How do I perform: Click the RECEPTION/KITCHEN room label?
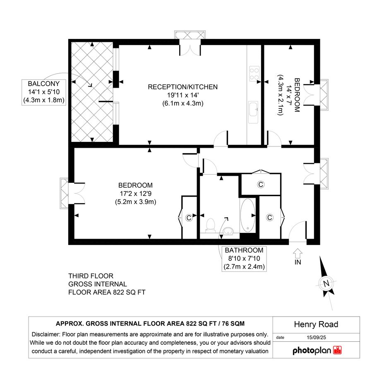pyautogui.click(x=182, y=87)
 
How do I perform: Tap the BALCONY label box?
pyautogui.click(x=44, y=92)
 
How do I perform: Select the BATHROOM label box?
pyautogui.click(x=244, y=259)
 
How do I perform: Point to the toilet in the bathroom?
pyautogui.click(x=211, y=225)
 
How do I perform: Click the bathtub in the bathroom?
pyautogui.click(x=247, y=216)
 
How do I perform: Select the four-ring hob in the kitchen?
pyautogui.click(x=254, y=74)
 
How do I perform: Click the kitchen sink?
pyautogui.click(x=253, y=109)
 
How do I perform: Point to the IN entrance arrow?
pyautogui.click(x=297, y=253)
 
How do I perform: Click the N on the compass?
pyautogui.click(x=326, y=283)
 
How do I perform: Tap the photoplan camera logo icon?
pyautogui.click(x=337, y=350)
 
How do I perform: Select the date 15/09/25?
pyautogui.click(x=316, y=337)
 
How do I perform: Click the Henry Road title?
pyautogui.click(x=316, y=324)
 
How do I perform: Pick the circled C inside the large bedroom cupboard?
pyautogui.click(x=189, y=218)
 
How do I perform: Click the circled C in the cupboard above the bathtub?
pyautogui.click(x=261, y=185)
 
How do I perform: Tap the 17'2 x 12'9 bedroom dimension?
pyautogui.click(x=136, y=194)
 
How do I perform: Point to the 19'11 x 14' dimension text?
pyautogui.click(x=183, y=95)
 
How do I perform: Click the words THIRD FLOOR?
pyautogui.click(x=91, y=276)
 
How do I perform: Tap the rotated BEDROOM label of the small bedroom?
pyautogui.click(x=297, y=95)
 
